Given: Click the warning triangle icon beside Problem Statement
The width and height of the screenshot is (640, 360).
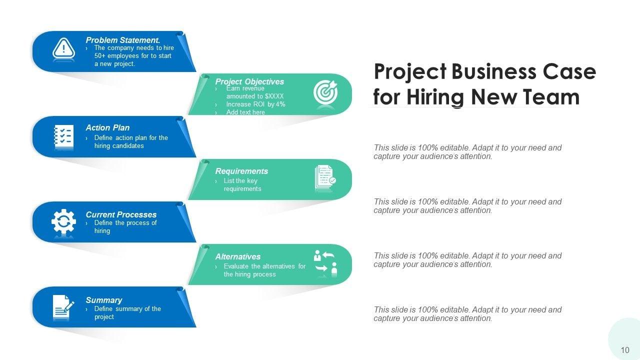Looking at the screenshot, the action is pos(63,49).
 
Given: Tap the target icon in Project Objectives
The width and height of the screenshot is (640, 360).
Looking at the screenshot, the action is pos(325,93).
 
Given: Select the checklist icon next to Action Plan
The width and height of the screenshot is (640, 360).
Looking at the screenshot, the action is pos(63,137).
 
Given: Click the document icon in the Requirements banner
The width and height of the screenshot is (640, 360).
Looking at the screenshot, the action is pos(325,178).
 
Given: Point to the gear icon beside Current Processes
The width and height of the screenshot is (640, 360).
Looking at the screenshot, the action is pos(63,222).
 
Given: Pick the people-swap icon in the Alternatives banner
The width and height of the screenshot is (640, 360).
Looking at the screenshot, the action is pos(325,263).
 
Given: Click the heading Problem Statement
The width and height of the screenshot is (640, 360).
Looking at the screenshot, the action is pos(123,40).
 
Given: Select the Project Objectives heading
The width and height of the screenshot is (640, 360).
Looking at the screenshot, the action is pos(249,81).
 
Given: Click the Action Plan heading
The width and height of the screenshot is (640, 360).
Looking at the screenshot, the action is pos(107,127).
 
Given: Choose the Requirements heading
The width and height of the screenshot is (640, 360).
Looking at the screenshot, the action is pos(241,171).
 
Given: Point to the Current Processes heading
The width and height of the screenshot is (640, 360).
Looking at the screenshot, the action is pos(121,214).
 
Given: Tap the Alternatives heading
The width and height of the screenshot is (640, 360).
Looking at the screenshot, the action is pos(238,256).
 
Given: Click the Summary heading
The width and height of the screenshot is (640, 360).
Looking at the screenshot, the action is pos(104,300).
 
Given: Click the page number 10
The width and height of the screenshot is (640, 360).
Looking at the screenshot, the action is pos(625,350).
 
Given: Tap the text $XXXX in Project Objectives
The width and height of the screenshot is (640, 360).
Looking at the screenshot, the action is pos(274,96).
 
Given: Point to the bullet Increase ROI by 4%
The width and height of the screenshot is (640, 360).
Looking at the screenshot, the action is pos(255,104).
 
